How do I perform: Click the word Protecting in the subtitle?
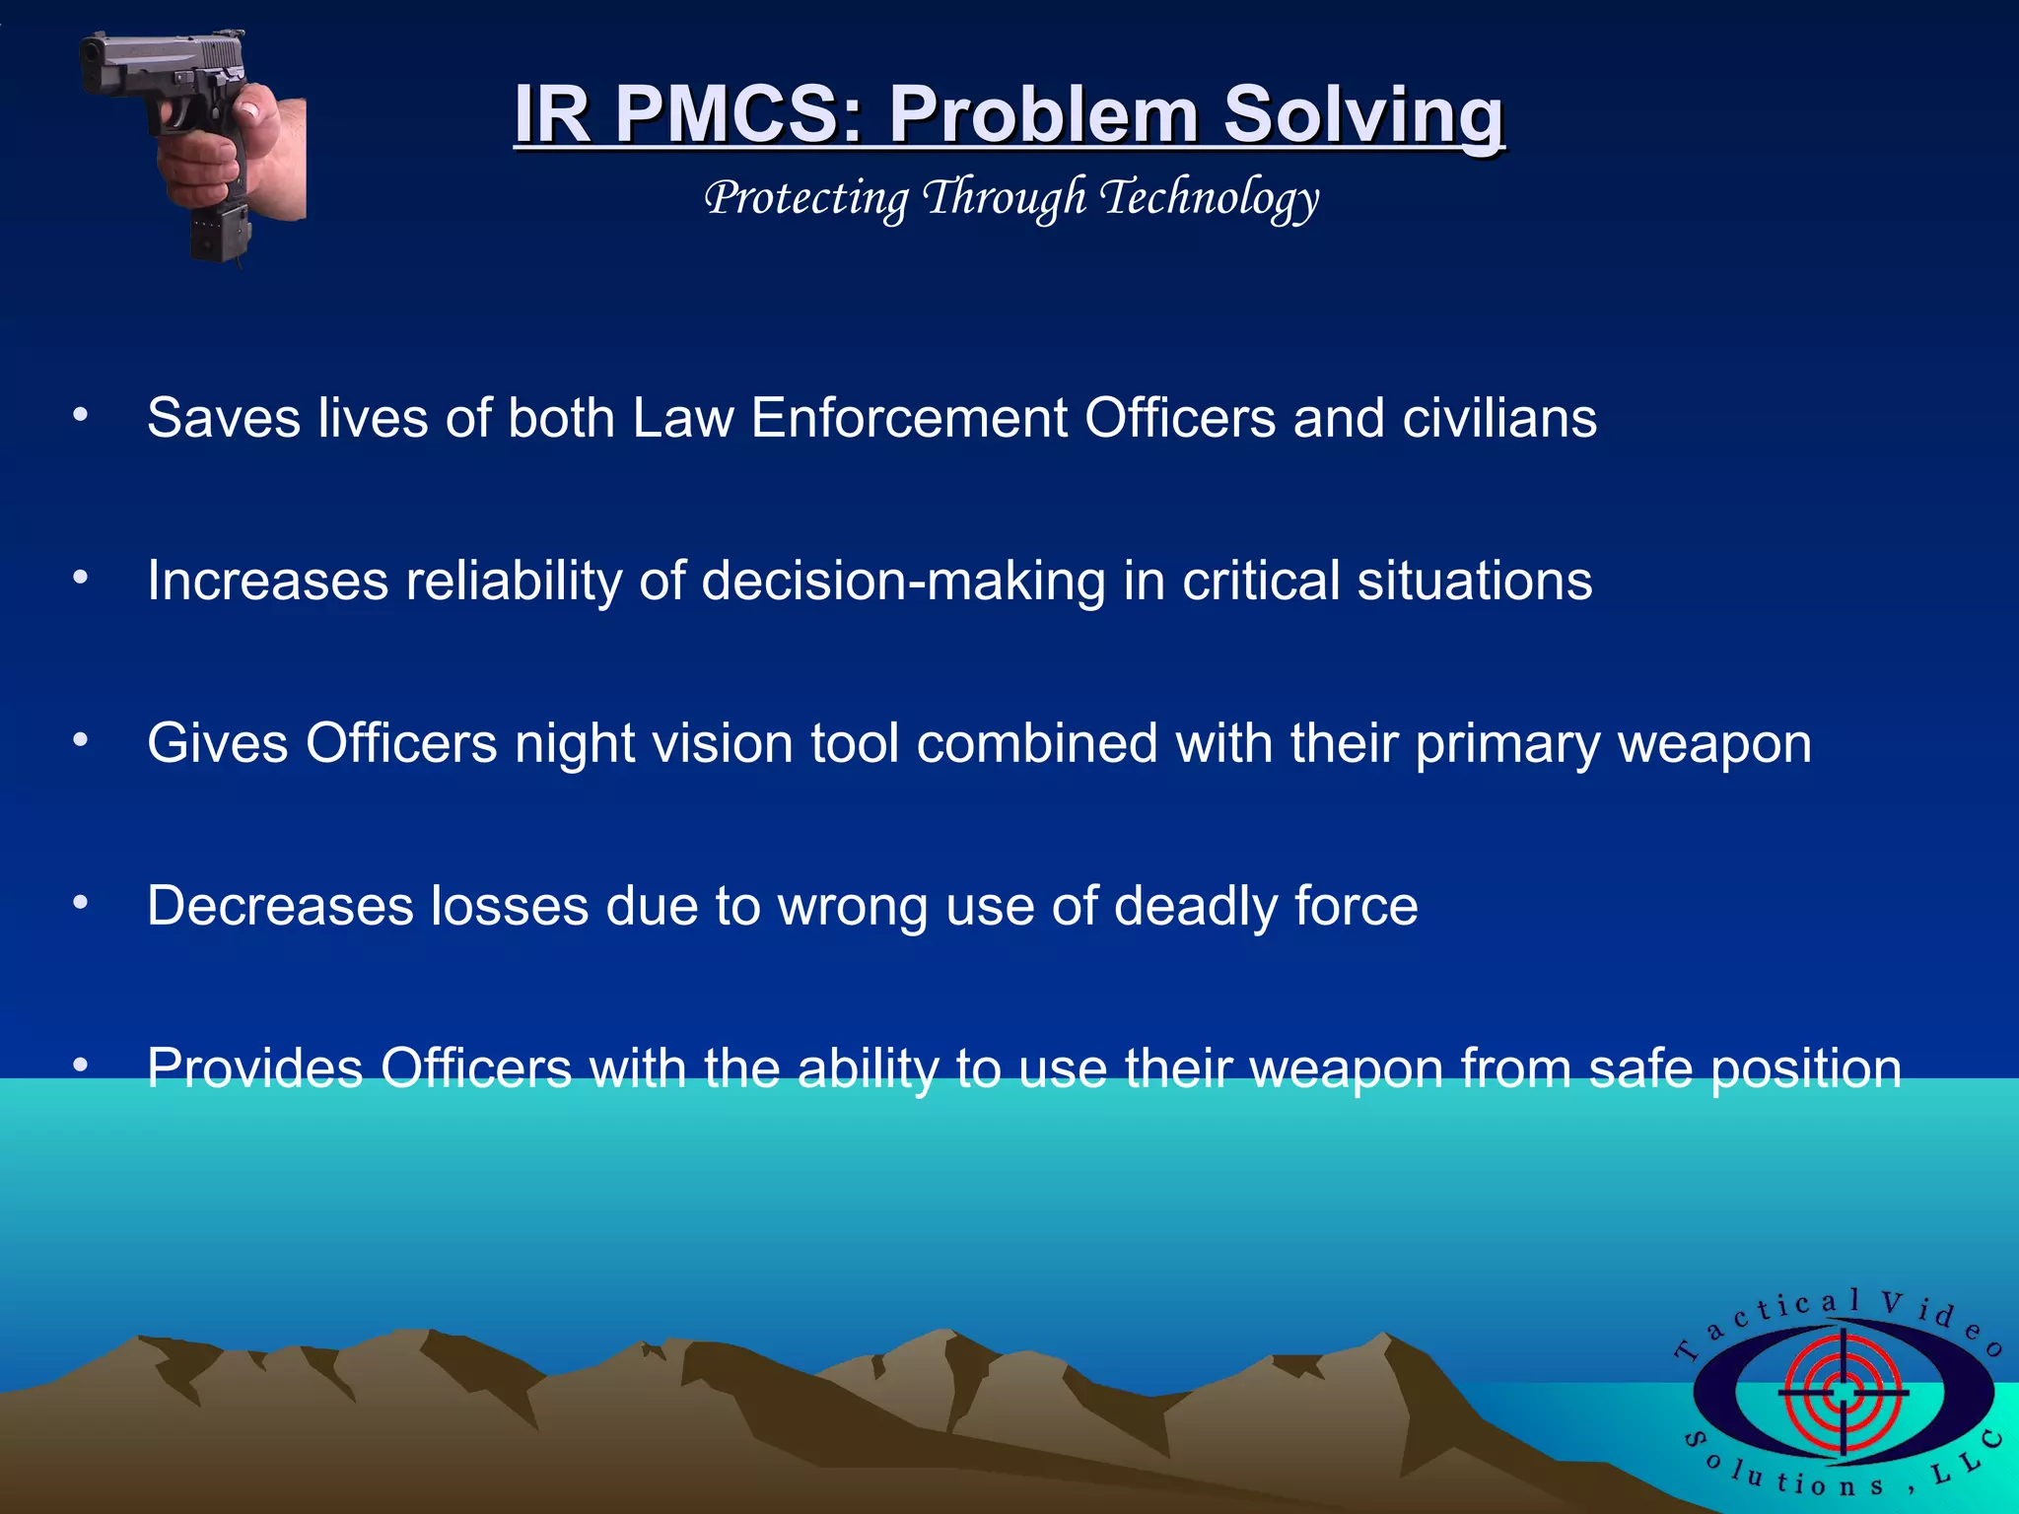point(806,199)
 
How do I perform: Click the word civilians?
point(1499,418)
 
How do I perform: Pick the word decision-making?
point(903,582)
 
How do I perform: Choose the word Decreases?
point(280,906)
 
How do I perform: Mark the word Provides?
point(255,1068)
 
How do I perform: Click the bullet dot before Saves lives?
point(81,415)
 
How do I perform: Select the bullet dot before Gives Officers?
point(81,739)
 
